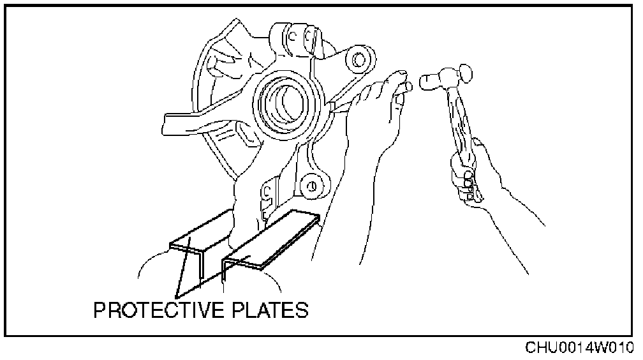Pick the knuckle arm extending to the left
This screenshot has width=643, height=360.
coord(191,121)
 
